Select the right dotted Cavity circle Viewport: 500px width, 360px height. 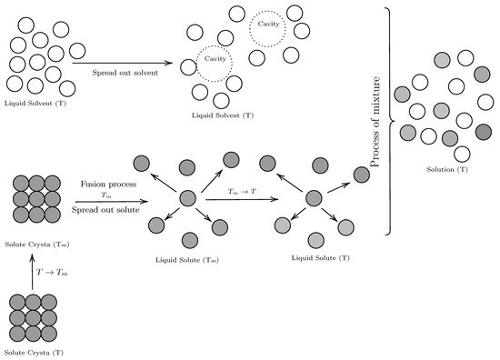pyautogui.click(x=265, y=29)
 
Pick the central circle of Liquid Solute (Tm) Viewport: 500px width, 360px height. pyautogui.click(x=187, y=197)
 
